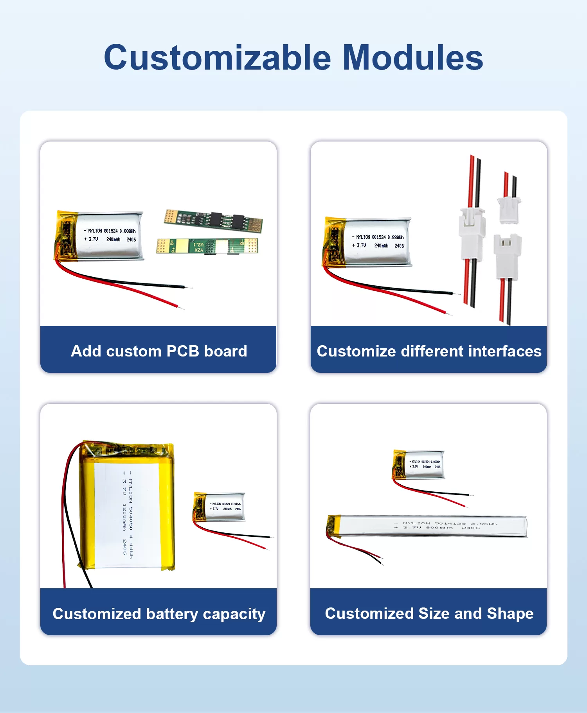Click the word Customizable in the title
pyautogui.click(x=217, y=58)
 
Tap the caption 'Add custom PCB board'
pyautogui.click(x=159, y=351)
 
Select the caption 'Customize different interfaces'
pyautogui.click(x=429, y=351)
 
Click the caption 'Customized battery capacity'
pyautogui.click(x=159, y=614)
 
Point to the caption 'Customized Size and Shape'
pyautogui.click(x=429, y=614)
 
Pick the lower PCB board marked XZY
pyautogui.click(x=207, y=246)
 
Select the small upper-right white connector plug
pyautogui.click(x=509, y=210)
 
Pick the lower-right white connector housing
pyautogui.click(x=507, y=256)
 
